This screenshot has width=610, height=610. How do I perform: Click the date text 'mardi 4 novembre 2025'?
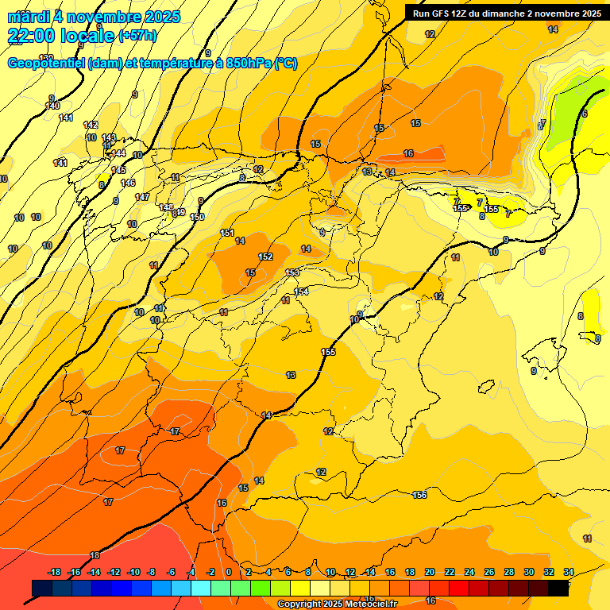coord(94,17)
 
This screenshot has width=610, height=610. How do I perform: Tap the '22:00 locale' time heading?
coord(60,35)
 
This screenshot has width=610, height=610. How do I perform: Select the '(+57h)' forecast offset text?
coord(137,36)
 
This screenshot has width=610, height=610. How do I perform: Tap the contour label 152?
coord(265,257)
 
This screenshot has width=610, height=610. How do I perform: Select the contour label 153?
coord(292,272)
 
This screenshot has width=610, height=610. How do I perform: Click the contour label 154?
coord(301,291)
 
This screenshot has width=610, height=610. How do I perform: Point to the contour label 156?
coord(419,495)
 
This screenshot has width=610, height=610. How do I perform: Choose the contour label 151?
coord(227,233)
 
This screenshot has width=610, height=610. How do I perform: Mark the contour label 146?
coord(128,183)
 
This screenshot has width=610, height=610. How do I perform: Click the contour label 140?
coord(52,106)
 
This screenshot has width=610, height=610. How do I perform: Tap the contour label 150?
coord(198,217)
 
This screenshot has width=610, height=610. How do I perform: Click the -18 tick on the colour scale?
coord(55,572)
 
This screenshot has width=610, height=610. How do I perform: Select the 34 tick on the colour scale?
coord(569,572)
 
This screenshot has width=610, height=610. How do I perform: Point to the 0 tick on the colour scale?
coord(229,572)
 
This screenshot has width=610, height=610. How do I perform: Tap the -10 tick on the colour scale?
coord(133,572)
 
